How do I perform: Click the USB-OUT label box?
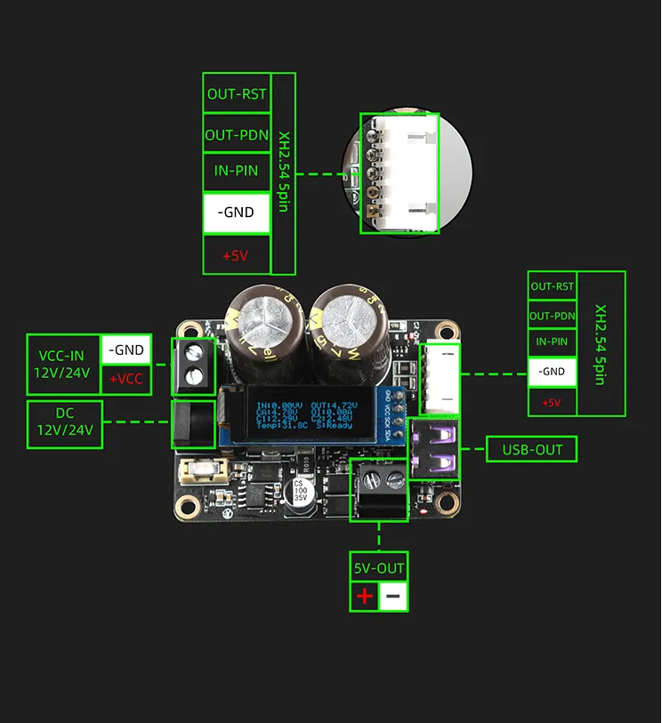531,449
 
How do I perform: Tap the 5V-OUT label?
379,567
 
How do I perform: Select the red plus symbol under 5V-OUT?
365,595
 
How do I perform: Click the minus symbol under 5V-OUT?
393,595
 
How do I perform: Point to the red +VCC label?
125,378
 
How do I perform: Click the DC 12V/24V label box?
65,424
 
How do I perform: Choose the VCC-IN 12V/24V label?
63,364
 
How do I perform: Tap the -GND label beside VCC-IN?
125,349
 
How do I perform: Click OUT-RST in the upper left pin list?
236,93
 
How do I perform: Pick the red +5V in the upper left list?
236,255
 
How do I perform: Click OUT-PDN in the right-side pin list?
552,316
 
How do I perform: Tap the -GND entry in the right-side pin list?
552,371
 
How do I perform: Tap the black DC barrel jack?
193,425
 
